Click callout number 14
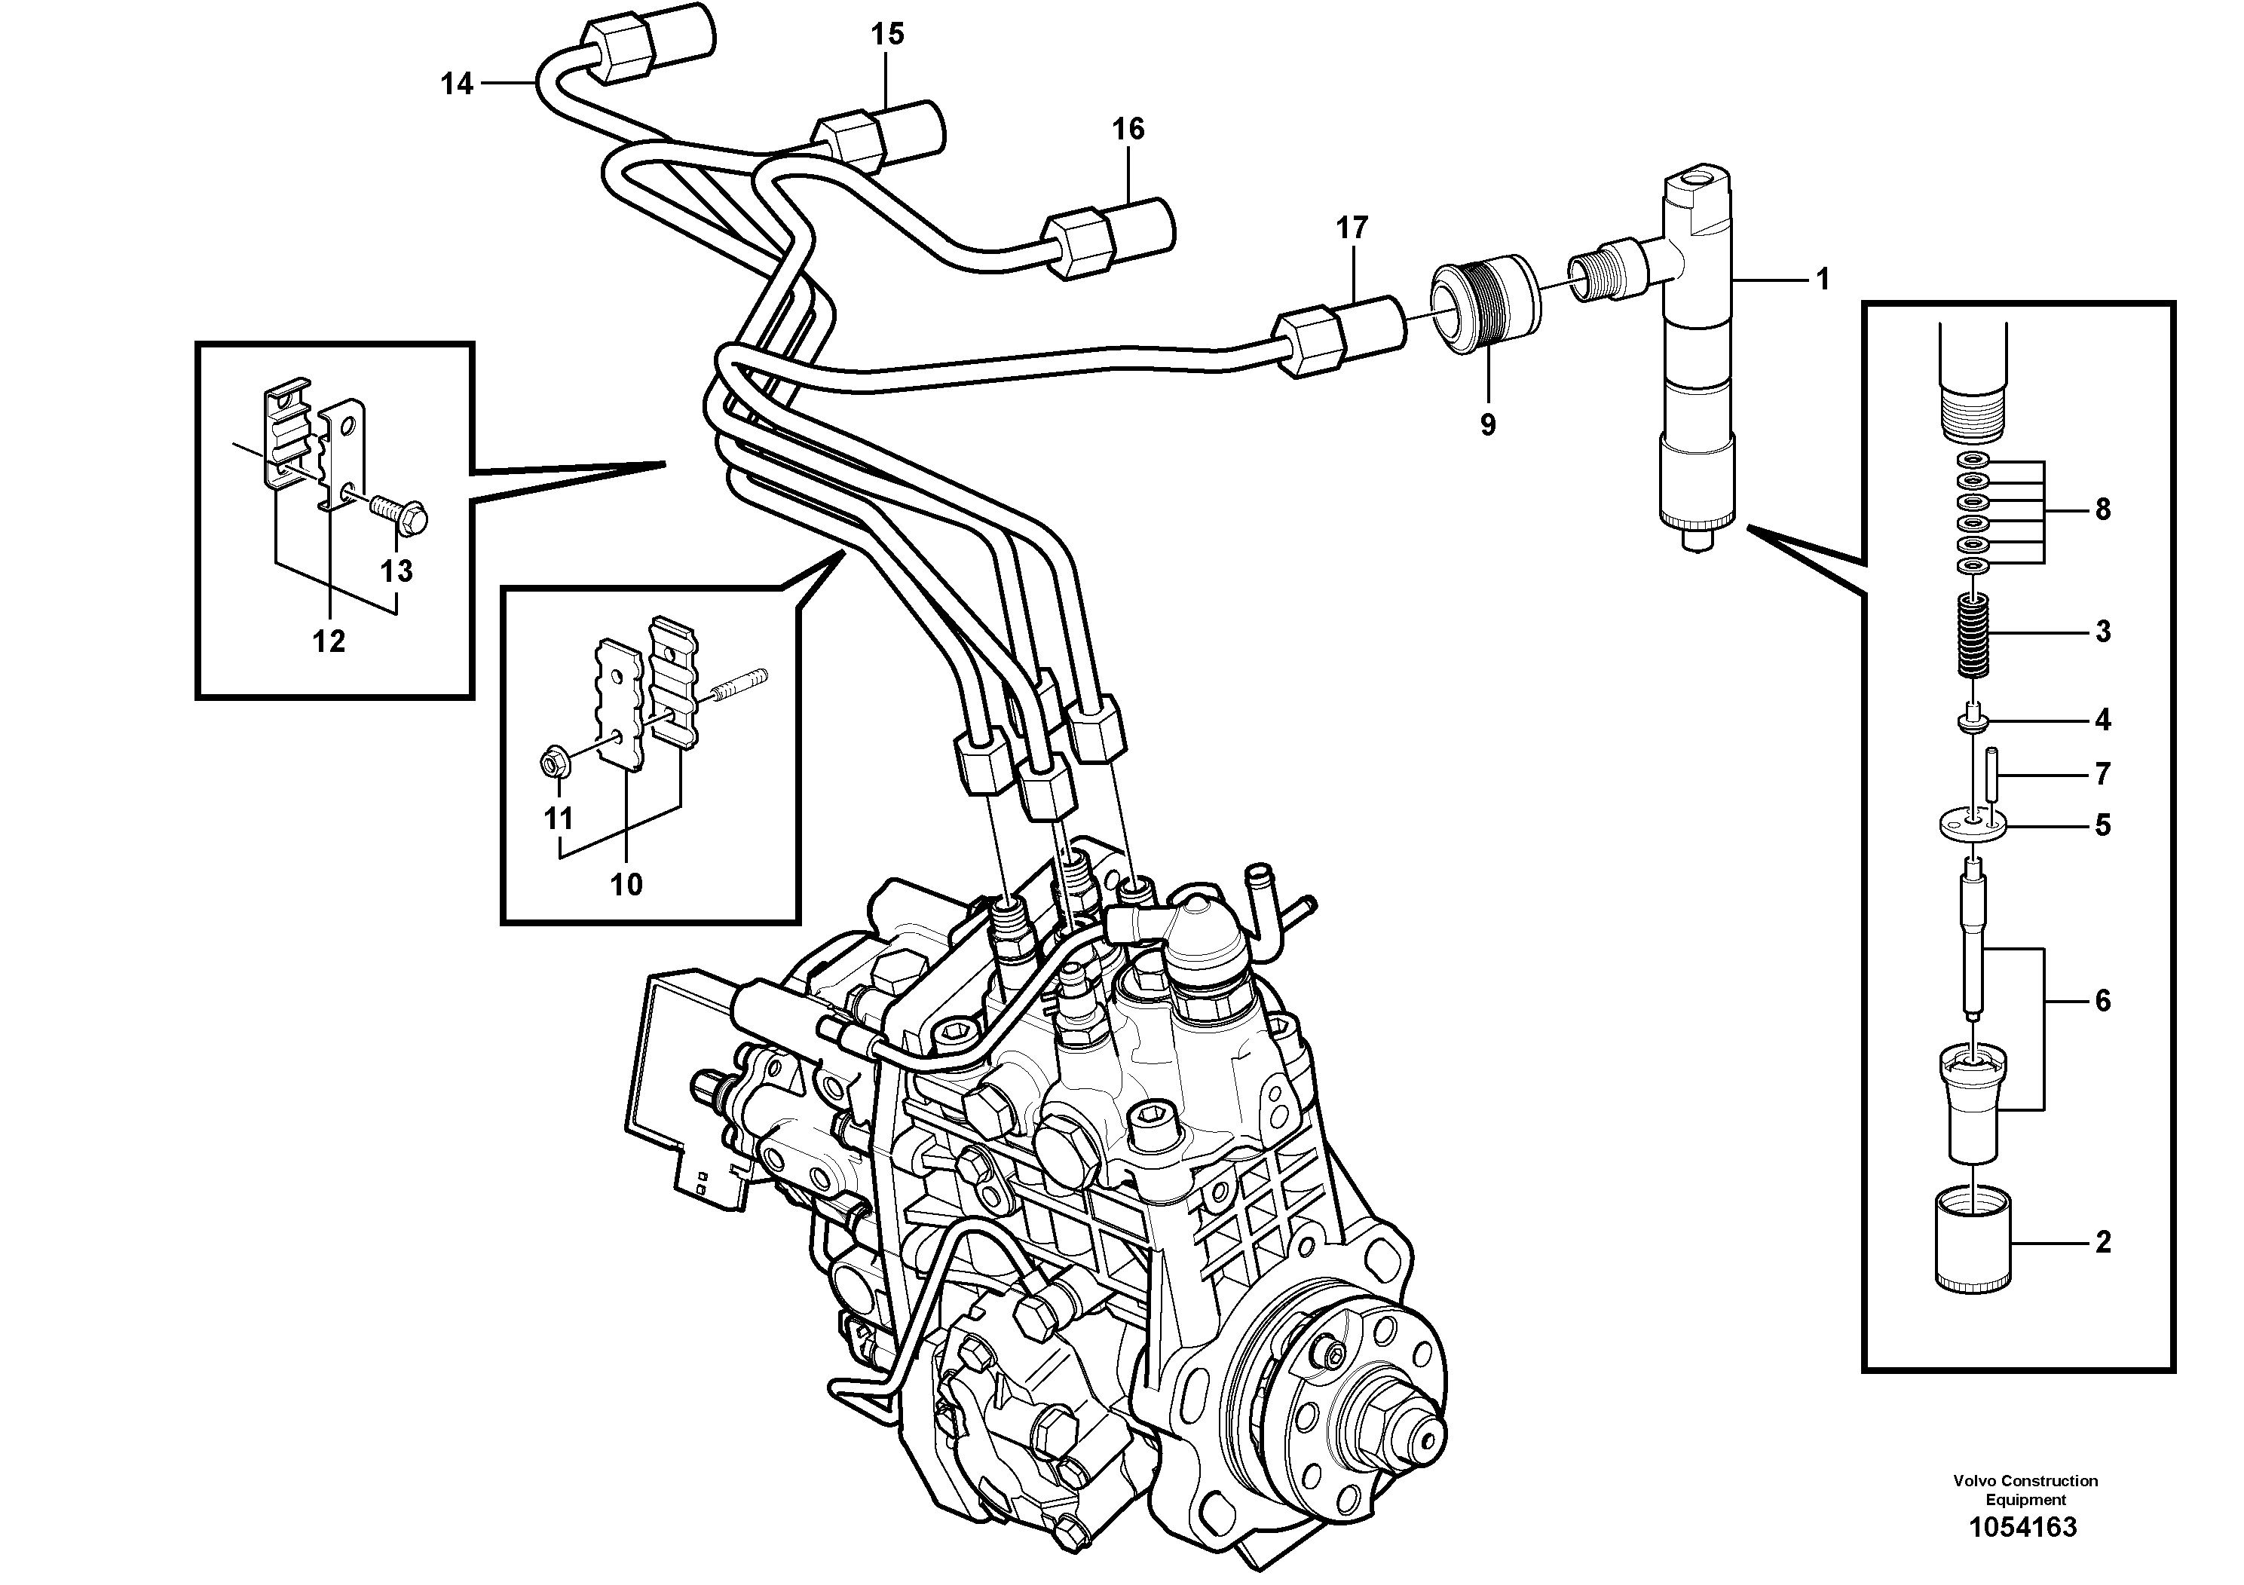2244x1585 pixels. point(457,84)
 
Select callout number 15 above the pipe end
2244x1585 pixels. point(887,35)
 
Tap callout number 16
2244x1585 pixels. point(1128,129)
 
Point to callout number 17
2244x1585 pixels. point(1352,228)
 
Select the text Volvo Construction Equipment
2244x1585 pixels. point(2025,1490)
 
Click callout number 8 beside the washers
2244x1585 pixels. point(2102,509)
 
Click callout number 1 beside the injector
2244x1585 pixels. point(1822,280)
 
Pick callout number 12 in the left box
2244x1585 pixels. point(329,642)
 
